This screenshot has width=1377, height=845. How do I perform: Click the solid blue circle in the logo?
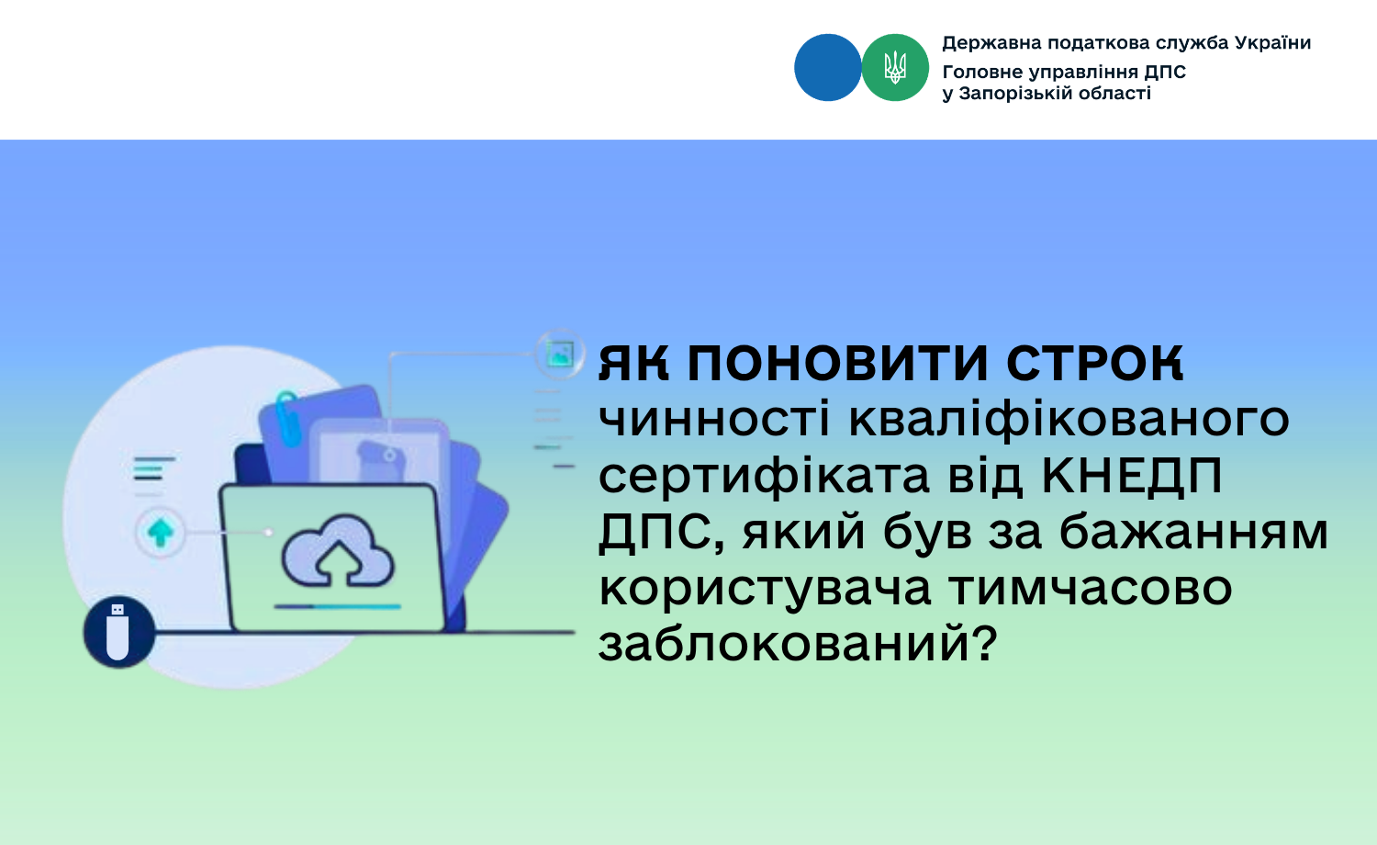(x=827, y=68)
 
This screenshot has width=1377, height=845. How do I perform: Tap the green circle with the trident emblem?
(x=895, y=68)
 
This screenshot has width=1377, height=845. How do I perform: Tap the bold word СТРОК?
(x=1094, y=363)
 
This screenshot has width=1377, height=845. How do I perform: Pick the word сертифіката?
(x=764, y=478)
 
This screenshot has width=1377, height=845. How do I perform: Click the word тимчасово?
(x=1091, y=589)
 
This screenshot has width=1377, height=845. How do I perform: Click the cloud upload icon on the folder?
(x=338, y=550)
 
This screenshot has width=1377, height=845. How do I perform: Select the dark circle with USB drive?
(x=118, y=632)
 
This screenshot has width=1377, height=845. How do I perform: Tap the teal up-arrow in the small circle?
(x=161, y=533)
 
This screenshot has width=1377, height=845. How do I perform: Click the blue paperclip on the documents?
(x=287, y=417)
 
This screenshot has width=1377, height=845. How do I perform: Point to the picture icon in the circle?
(x=560, y=354)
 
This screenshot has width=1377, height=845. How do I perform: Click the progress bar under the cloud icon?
(x=338, y=606)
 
